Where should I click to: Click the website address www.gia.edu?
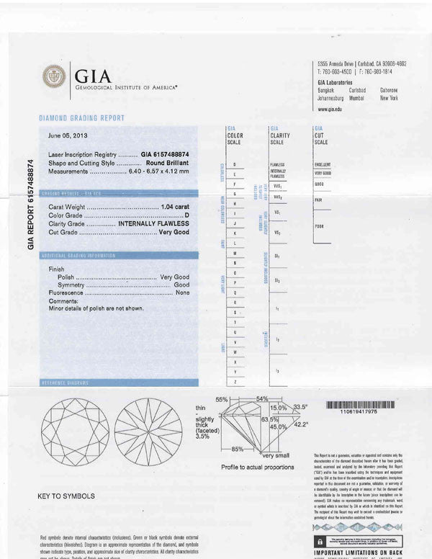(330, 109)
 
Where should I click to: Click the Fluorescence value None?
(182, 293)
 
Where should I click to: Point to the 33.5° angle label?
(300, 407)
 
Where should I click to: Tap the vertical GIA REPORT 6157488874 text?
(30, 204)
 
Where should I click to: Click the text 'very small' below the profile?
(276, 456)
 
